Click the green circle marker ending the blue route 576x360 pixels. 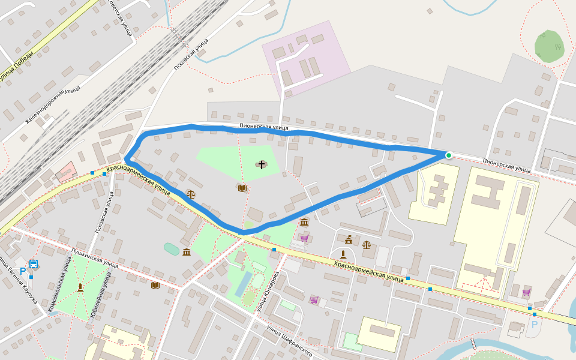click(448, 155)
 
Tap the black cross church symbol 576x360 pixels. click(262, 164)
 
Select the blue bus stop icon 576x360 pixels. click(34, 264)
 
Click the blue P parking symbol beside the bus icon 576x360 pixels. click(23, 271)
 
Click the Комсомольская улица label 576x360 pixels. click(59, 283)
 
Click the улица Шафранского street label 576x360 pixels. click(290, 341)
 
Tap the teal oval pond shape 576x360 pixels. click(171, 248)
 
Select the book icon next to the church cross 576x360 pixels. click(242, 188)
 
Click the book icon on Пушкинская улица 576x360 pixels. click(155, 284)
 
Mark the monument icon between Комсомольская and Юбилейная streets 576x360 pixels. click(80, 287)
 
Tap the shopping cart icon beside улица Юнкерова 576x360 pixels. click(314, 299)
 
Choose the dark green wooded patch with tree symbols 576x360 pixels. click(549, 46)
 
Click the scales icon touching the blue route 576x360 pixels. click(191, 194)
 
